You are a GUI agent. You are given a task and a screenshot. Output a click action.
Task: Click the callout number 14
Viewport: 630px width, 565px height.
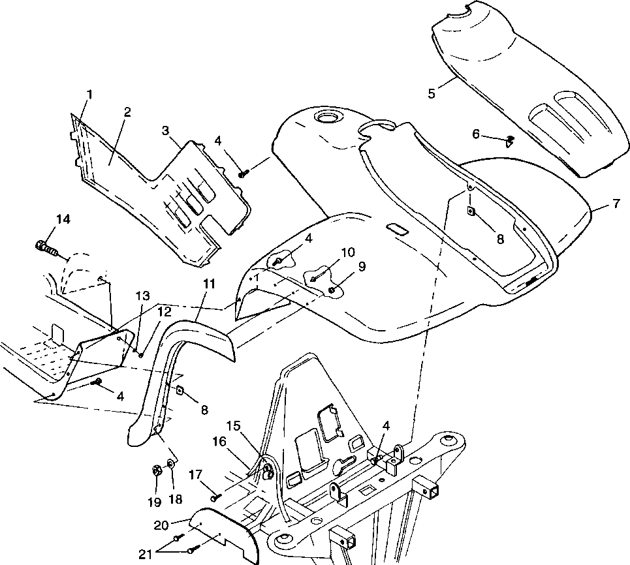(63, 219)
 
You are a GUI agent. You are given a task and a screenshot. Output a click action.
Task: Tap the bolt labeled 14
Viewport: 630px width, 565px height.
(45, 248)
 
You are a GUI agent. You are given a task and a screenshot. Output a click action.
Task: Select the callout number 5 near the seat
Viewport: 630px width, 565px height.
(432, 93)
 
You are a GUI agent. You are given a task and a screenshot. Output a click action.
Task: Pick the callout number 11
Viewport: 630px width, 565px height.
(208, 284)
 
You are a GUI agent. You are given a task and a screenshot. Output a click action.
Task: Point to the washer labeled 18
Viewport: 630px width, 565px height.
(172, 464)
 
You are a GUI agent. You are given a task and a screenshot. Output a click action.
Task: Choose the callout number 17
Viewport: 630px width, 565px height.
(194, 476)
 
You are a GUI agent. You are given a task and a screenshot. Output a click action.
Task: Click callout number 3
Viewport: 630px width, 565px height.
(166, 130)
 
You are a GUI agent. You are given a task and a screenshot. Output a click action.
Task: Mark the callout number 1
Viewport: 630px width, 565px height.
(89, 94)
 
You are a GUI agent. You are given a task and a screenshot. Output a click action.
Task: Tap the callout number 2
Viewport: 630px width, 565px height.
(127, 112)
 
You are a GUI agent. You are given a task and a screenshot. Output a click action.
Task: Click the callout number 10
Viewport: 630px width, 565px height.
(347, 252)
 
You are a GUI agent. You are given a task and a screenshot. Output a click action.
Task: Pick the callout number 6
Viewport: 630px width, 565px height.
(476, 134)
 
